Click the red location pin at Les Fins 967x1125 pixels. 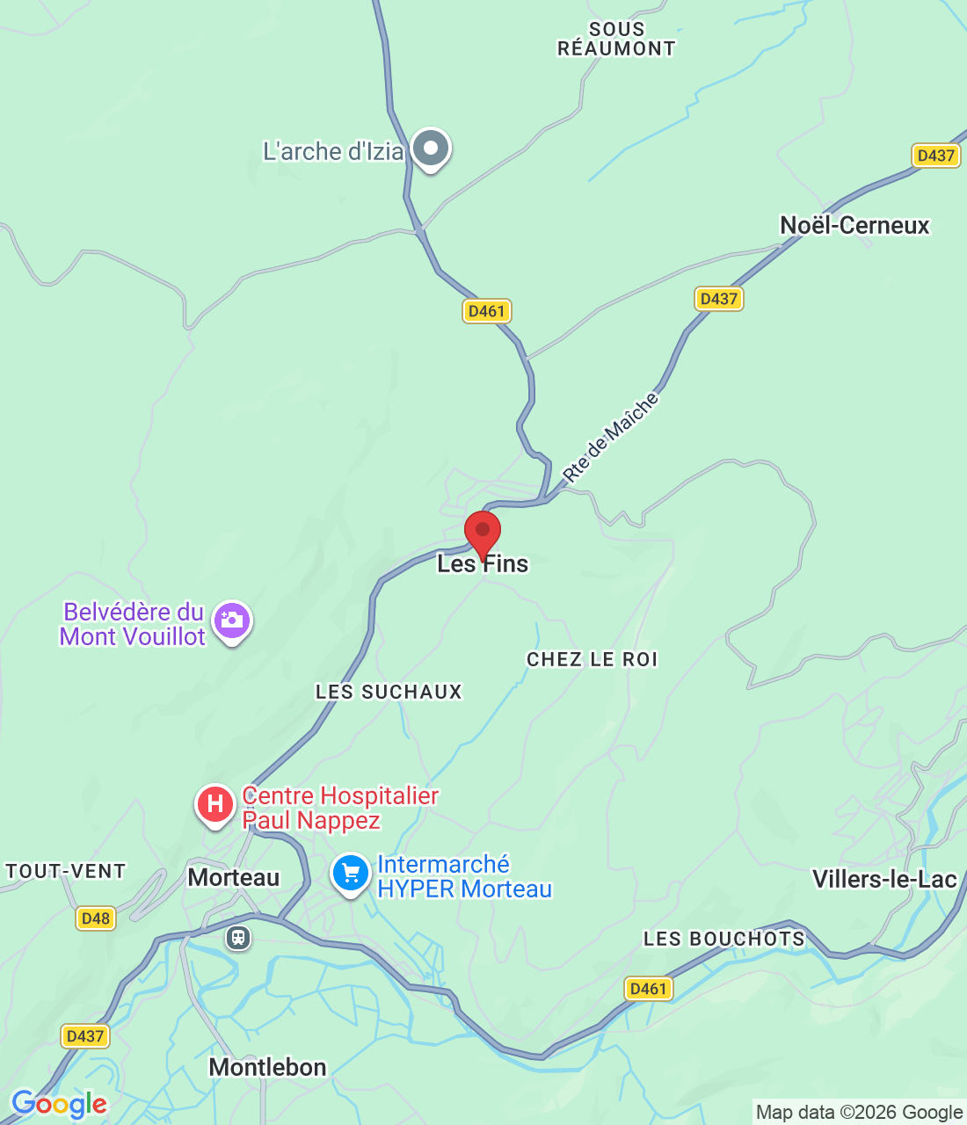[483, 533]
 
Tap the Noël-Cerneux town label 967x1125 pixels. [854, 226]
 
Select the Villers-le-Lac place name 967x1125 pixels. [883, 879]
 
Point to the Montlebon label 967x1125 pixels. [267, 1067]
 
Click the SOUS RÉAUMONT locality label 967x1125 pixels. [616, 40]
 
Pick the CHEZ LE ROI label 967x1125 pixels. [592, 659]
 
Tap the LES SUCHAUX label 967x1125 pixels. [389, 692]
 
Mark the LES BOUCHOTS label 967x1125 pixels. [723, 939]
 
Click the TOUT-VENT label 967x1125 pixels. [66, 871]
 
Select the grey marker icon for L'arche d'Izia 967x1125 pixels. [431, 149]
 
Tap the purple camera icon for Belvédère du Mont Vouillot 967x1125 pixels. [232, 621]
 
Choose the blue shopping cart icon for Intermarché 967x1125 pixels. [351, 874]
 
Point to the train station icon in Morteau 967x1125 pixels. [237, 937]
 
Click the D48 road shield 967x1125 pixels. [95, 918]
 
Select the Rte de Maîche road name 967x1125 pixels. [610, 438]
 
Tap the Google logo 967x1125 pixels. [59, 1104]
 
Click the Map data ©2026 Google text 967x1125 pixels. [859, 1113]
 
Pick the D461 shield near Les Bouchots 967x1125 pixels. [649, 989]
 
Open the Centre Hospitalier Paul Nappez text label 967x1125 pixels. [339, 808]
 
